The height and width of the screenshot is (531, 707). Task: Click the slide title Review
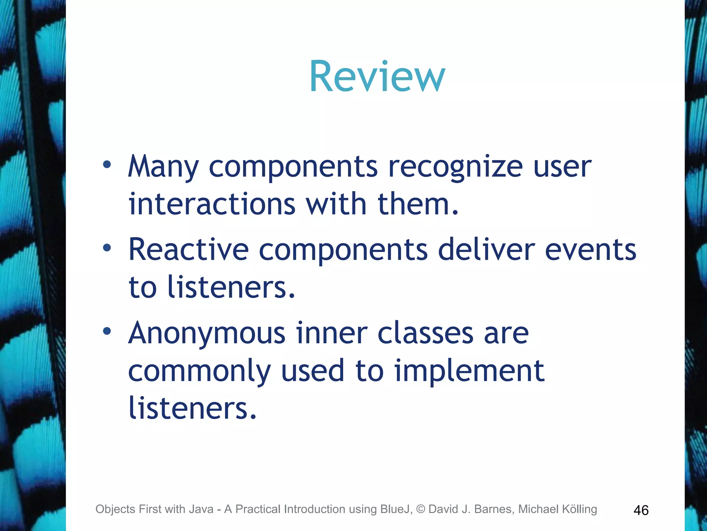pos(377,77)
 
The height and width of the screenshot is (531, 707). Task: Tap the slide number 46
pos(641,510)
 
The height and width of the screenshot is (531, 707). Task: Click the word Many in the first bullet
pos(163,167)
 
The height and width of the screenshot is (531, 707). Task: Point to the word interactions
pos(212,204)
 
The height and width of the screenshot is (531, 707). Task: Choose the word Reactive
pos(188,250)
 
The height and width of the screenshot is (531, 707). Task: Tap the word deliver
pos(486,250)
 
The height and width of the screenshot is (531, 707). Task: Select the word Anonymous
pos(207,333)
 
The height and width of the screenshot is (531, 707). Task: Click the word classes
pos(425,333)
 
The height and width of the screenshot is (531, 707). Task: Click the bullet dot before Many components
pos(107,165)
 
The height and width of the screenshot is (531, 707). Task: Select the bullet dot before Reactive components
pos(107,248)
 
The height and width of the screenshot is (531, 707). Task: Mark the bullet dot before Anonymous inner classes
pos(107,331)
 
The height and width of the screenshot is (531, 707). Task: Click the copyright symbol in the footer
pos(420,509)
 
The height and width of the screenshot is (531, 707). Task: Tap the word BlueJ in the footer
pos(396,509)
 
